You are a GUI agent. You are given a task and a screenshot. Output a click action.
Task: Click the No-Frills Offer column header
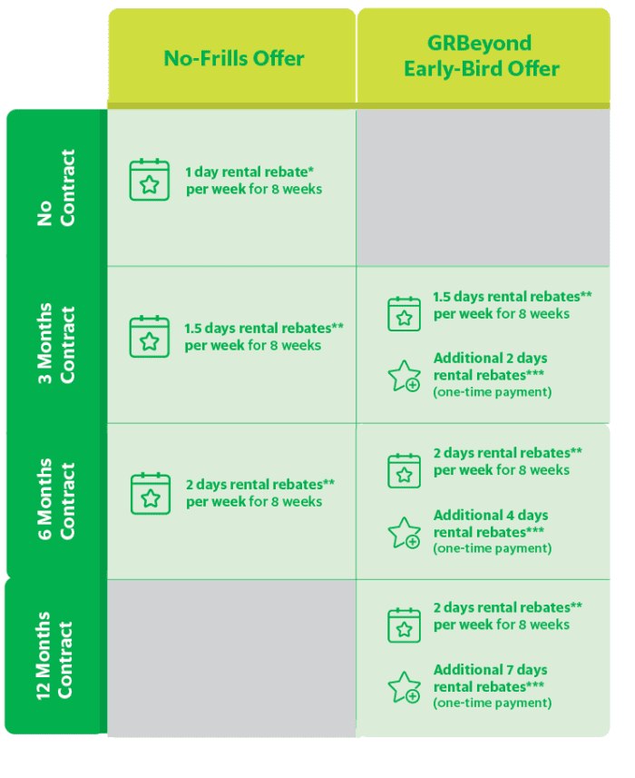[233, 58]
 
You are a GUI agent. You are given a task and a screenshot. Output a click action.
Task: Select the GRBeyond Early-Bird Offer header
[481, 55]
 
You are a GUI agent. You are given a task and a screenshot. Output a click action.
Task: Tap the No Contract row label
[56, 187]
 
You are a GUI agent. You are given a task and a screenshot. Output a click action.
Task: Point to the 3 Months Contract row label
[56, 344]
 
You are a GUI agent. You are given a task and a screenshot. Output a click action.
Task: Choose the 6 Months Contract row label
[56, 500]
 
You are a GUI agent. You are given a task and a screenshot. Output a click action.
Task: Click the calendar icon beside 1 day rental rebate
[150, 181]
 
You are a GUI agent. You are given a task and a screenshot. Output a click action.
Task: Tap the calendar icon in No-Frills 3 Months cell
[150, 337]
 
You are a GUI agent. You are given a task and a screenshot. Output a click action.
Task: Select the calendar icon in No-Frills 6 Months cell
[150, 493]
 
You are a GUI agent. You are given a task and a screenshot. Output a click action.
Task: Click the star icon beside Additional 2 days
[404, 376]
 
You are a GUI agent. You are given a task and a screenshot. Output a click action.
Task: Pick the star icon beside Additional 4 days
[404, 532]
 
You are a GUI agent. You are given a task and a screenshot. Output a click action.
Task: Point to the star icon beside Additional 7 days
[404, 687]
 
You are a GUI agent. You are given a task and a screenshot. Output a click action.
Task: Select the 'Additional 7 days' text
[490, 670]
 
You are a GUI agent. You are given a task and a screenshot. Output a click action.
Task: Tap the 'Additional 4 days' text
[490, 515]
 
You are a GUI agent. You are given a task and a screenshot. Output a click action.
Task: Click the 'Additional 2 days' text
[490, 359]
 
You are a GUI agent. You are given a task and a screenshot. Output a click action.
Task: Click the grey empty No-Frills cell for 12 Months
[231, 657]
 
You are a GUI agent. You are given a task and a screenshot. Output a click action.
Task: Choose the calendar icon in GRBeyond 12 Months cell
[404, 626]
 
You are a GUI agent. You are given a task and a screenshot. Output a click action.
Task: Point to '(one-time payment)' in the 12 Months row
[492, 704]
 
